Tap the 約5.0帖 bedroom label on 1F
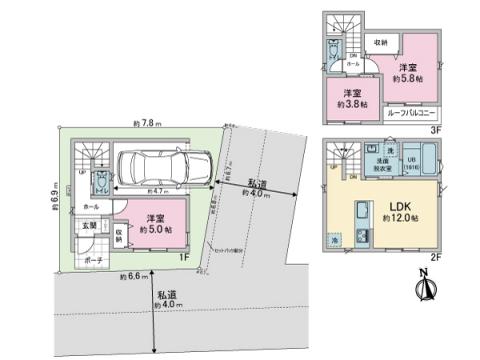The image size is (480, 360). (x=155, y=223)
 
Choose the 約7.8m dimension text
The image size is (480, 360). (x=148, y=124)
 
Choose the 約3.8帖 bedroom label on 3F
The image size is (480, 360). (x=350, y=98)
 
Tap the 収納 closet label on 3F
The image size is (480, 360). (x=382, y=42)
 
